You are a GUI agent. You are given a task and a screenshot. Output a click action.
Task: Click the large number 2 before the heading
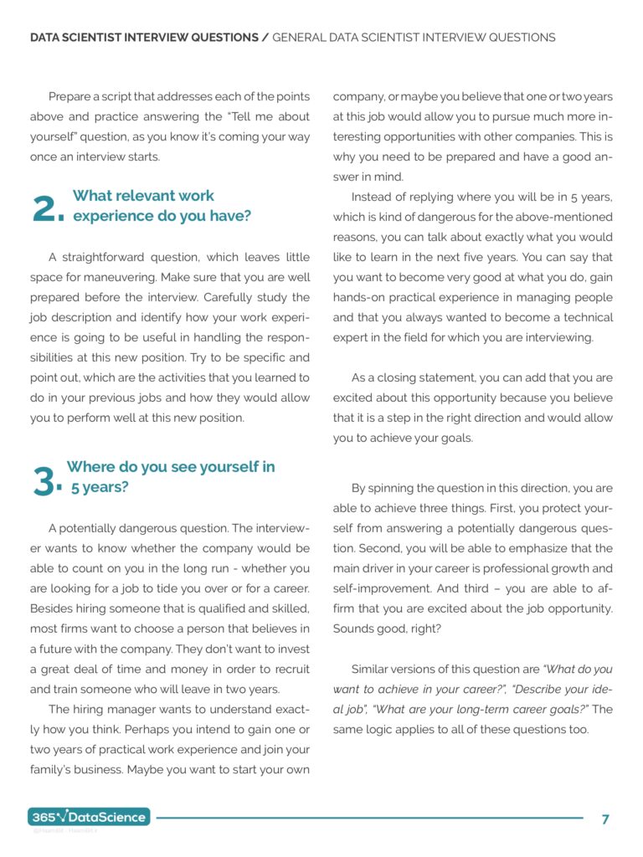coord(47,210)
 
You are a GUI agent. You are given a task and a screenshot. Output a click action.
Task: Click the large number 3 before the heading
coord(47,481)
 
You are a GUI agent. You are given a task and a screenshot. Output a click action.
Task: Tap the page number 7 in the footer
coord(605,819)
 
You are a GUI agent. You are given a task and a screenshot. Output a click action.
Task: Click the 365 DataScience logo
coord(90,817)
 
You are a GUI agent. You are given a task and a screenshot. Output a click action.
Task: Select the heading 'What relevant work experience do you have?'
coord(161,206)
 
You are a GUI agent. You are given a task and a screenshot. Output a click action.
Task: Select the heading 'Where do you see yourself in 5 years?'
coord(170,477)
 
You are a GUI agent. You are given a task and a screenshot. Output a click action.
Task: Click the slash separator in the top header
coord(265,38)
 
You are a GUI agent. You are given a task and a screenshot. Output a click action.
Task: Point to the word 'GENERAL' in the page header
coord(301,38)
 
